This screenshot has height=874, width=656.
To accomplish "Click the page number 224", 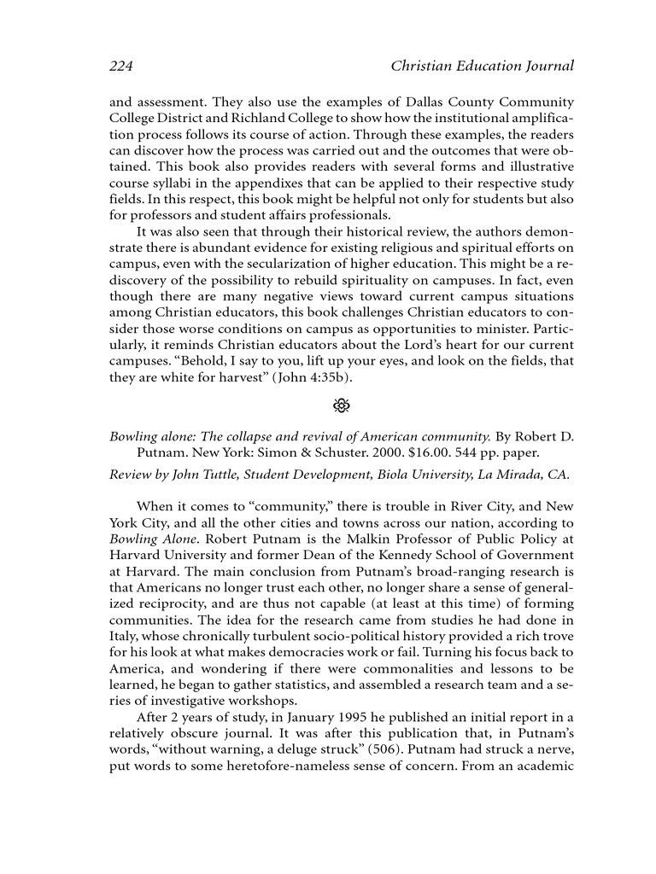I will click(121, 66).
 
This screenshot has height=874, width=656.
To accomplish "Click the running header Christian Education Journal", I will click(482, 66).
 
